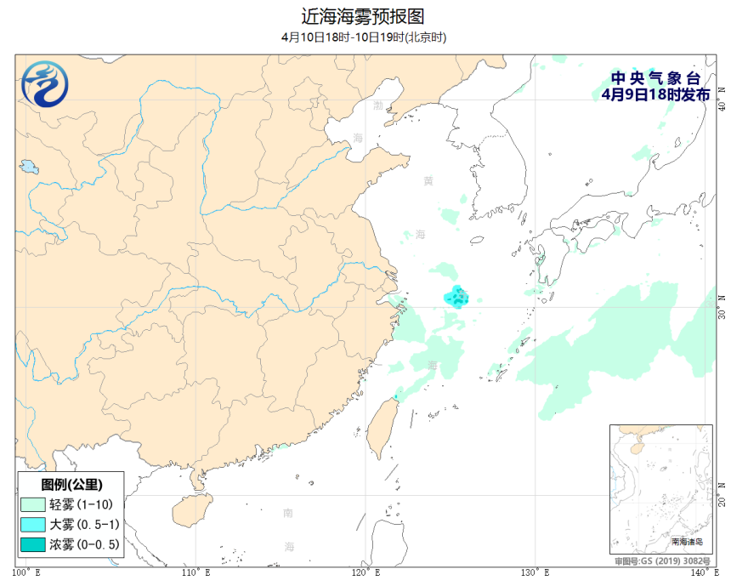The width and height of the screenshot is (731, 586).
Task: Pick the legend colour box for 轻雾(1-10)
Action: [x=33, y=504]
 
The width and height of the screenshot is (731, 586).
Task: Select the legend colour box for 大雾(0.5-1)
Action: [x=33, y=524]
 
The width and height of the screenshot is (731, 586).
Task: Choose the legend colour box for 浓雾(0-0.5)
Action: [x=33, y=544]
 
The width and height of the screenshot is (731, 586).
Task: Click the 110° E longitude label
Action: [x=196, y=572]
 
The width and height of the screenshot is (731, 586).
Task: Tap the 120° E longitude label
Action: [x=367, y=572]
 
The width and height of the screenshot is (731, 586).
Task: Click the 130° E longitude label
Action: [x=535, y=572]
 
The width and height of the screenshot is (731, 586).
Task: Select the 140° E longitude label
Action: [x=702, y=572]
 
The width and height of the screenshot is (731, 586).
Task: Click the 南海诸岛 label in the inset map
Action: [x=687, y=541]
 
